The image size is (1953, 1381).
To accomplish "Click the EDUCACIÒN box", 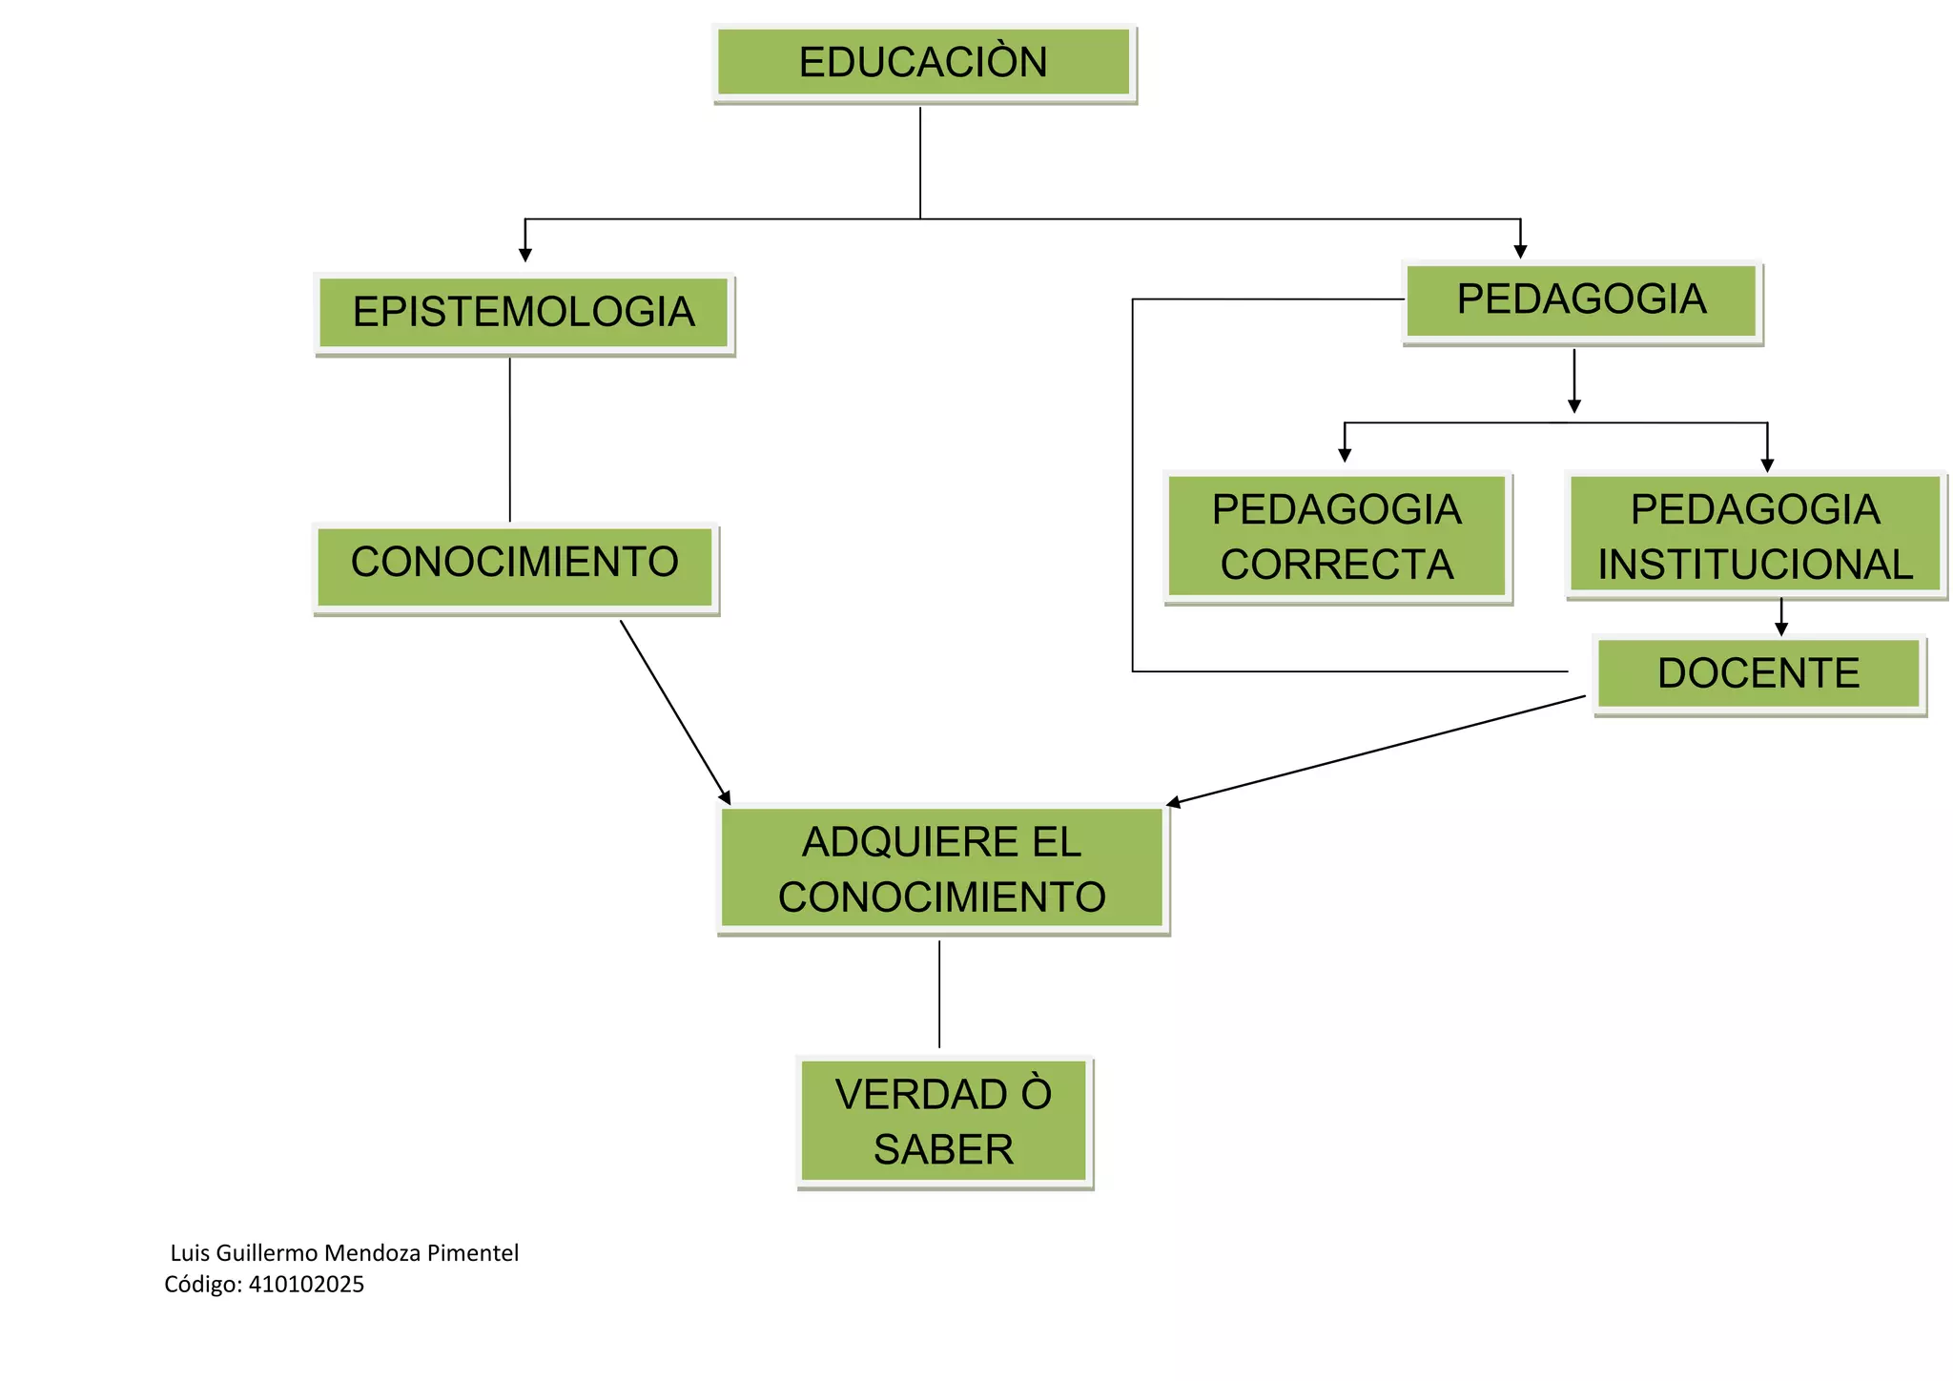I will tap(923, 63).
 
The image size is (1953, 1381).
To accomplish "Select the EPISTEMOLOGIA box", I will tap(524, 313).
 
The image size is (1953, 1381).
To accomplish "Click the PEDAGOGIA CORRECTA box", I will tap(1337, 536).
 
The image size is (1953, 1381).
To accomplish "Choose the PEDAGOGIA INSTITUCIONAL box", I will tap(1755, 536).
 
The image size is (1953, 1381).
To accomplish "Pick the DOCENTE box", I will tap(1758, 673).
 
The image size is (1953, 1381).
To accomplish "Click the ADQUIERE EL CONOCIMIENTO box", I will tap(942, 869).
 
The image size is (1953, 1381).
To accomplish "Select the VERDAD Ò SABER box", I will tap(944, 1121).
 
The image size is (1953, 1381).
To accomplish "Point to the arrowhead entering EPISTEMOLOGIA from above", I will tap(525, 254).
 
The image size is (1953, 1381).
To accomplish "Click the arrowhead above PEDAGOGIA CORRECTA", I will tap(1345, 455).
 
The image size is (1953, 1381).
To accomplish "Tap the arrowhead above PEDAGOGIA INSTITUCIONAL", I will tap(1767, 464).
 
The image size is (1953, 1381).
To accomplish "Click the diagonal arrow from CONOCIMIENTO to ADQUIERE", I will tap(674, 711).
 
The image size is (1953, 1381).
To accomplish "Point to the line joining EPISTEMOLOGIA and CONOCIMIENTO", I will tap(510, 439).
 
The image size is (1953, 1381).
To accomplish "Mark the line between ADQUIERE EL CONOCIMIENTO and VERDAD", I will tap(939, 994).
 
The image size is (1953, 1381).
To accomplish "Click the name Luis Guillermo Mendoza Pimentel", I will tap(344, 1253).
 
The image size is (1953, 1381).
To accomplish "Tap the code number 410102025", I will tap(306, 1285).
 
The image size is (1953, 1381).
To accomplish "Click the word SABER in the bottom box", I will tap(944, 1149).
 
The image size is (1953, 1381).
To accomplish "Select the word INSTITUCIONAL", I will tap(1756, 565).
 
